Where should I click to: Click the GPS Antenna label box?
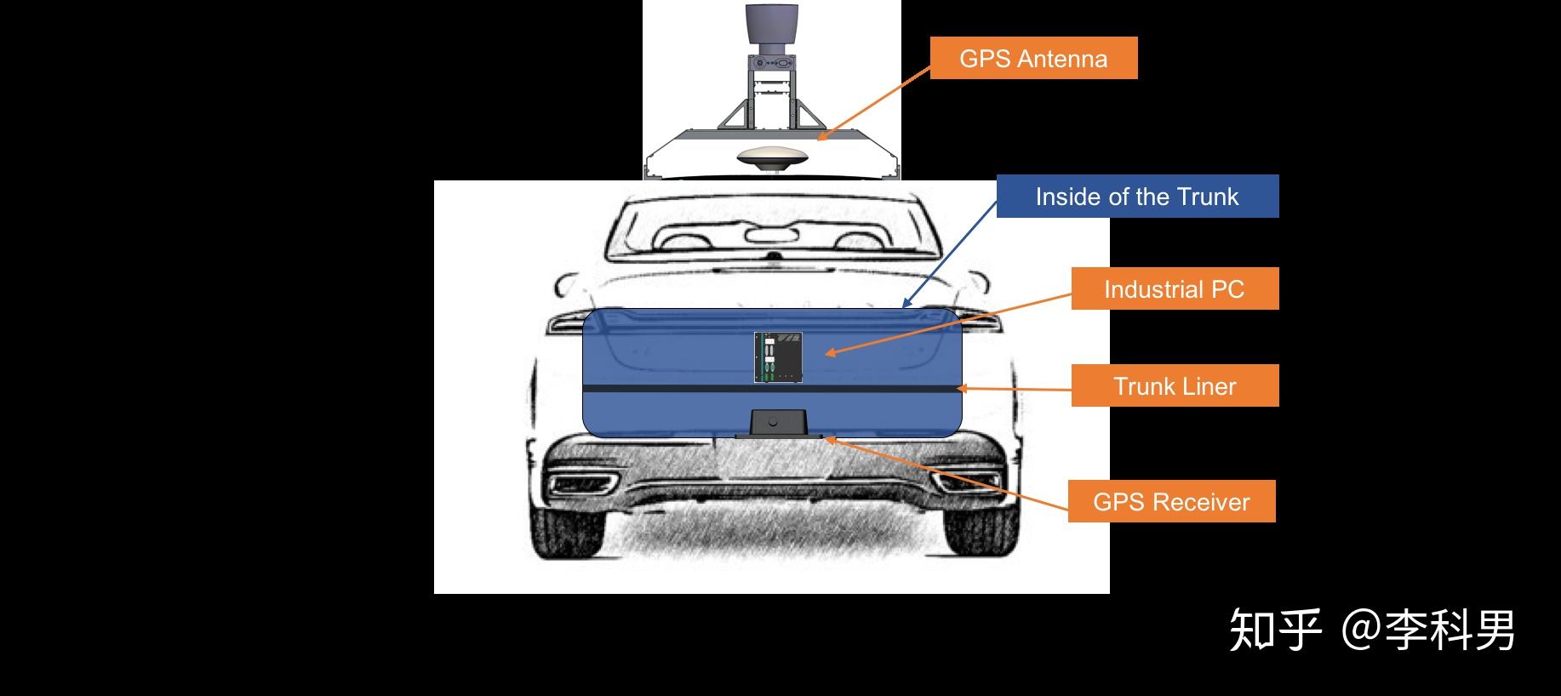click(x=1033, y=58)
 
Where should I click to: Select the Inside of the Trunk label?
click(x=1137, y=197)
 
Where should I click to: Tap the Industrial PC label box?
click(x=1175, y=289)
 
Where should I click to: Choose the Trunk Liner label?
click(x=1175, y=386)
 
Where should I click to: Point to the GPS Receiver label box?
click(x=1171, y=501)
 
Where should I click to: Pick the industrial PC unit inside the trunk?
click(x=778, y=357)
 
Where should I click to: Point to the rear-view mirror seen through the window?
click(x=770, y=235)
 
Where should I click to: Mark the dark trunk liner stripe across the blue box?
click(x=772, y=387)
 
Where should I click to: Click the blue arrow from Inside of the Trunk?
click(x=949, y=254)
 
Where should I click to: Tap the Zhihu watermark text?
click(x=1372, y=630)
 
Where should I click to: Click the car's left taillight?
click(x=566, y=323)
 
